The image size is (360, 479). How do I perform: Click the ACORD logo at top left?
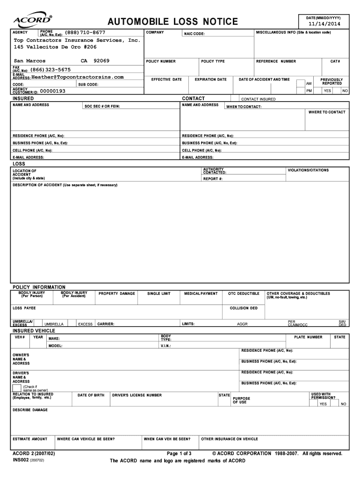[x=32, y=20]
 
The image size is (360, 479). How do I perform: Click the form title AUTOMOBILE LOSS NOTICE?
[x=173, y=22]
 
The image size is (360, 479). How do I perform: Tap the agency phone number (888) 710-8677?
[x=85, y=32]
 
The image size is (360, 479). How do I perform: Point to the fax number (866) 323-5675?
[x=51, y=69]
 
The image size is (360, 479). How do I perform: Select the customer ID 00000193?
[x=53, y=91]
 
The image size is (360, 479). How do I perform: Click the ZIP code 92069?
[x=101, y=61]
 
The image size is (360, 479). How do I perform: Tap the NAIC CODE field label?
[x=194, y=34]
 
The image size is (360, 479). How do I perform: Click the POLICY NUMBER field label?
[x=161, y=61]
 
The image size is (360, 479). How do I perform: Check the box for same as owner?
[x=17, y=387]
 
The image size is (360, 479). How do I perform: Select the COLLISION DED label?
[x=244, y=308]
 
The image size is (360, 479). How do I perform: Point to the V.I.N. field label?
[x=166, y=346]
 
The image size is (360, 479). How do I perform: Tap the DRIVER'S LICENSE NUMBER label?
[x=137, y=395]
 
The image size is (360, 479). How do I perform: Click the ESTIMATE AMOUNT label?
[x=30, y=439]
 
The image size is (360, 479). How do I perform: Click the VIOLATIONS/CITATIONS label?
[x=308, y=170]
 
